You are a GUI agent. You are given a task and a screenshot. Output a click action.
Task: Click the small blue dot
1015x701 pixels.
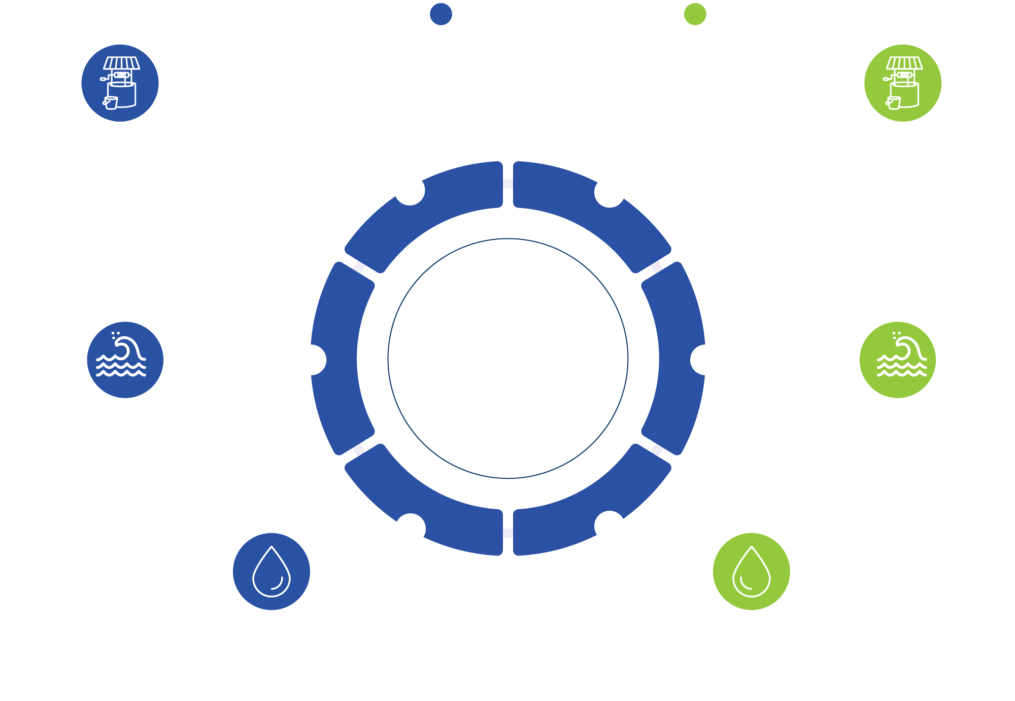coord(441,14)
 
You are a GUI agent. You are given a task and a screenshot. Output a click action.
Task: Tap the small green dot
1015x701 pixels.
coord(695,14)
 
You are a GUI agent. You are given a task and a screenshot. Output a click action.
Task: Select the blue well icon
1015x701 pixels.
coord(120,83)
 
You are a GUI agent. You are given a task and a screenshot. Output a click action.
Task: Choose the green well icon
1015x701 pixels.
coord(902,83)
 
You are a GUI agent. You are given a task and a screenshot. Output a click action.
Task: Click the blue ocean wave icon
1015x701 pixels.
coord(125,360)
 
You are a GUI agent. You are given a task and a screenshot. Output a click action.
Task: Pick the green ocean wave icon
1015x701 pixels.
coord(897,360)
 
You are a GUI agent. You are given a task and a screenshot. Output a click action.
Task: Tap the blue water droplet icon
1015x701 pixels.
coord(271,571)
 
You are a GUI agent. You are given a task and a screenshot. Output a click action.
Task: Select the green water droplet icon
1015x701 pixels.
coord(751,571)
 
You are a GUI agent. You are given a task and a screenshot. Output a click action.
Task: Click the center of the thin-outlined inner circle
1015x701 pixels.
coord(507,358)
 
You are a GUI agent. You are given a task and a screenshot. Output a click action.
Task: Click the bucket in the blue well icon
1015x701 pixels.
coord(111,102)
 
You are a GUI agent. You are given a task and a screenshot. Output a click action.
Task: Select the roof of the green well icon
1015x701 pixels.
coord(904,63)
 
